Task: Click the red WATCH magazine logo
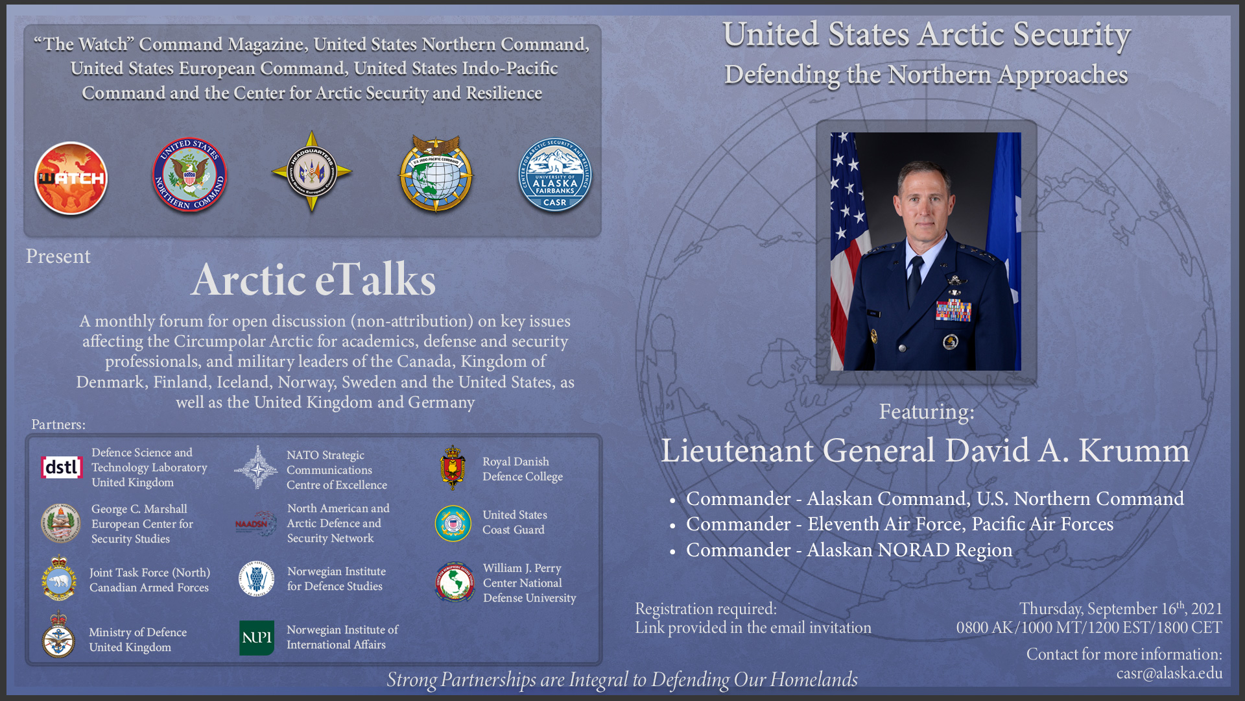pos(71,178)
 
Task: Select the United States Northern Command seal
pos(189,175)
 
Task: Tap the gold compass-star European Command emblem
pos(311,172)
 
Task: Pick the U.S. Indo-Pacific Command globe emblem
pos(436,174)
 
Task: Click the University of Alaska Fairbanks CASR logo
pos(555,175)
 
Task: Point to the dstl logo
pos(62,467)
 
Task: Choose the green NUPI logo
pos(257,637)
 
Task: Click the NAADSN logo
pos(255,523)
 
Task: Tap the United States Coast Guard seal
pos(453,523)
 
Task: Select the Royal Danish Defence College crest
pos(453,467)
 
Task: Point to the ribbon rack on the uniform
pos(953,310)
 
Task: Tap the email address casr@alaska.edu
pos(1169,673)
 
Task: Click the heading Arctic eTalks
pos(313,280)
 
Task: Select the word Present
pos(58,256)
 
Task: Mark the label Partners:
pos(58,424)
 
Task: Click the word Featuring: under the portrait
pos(927,412)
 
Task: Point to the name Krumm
pos(1134,450)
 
